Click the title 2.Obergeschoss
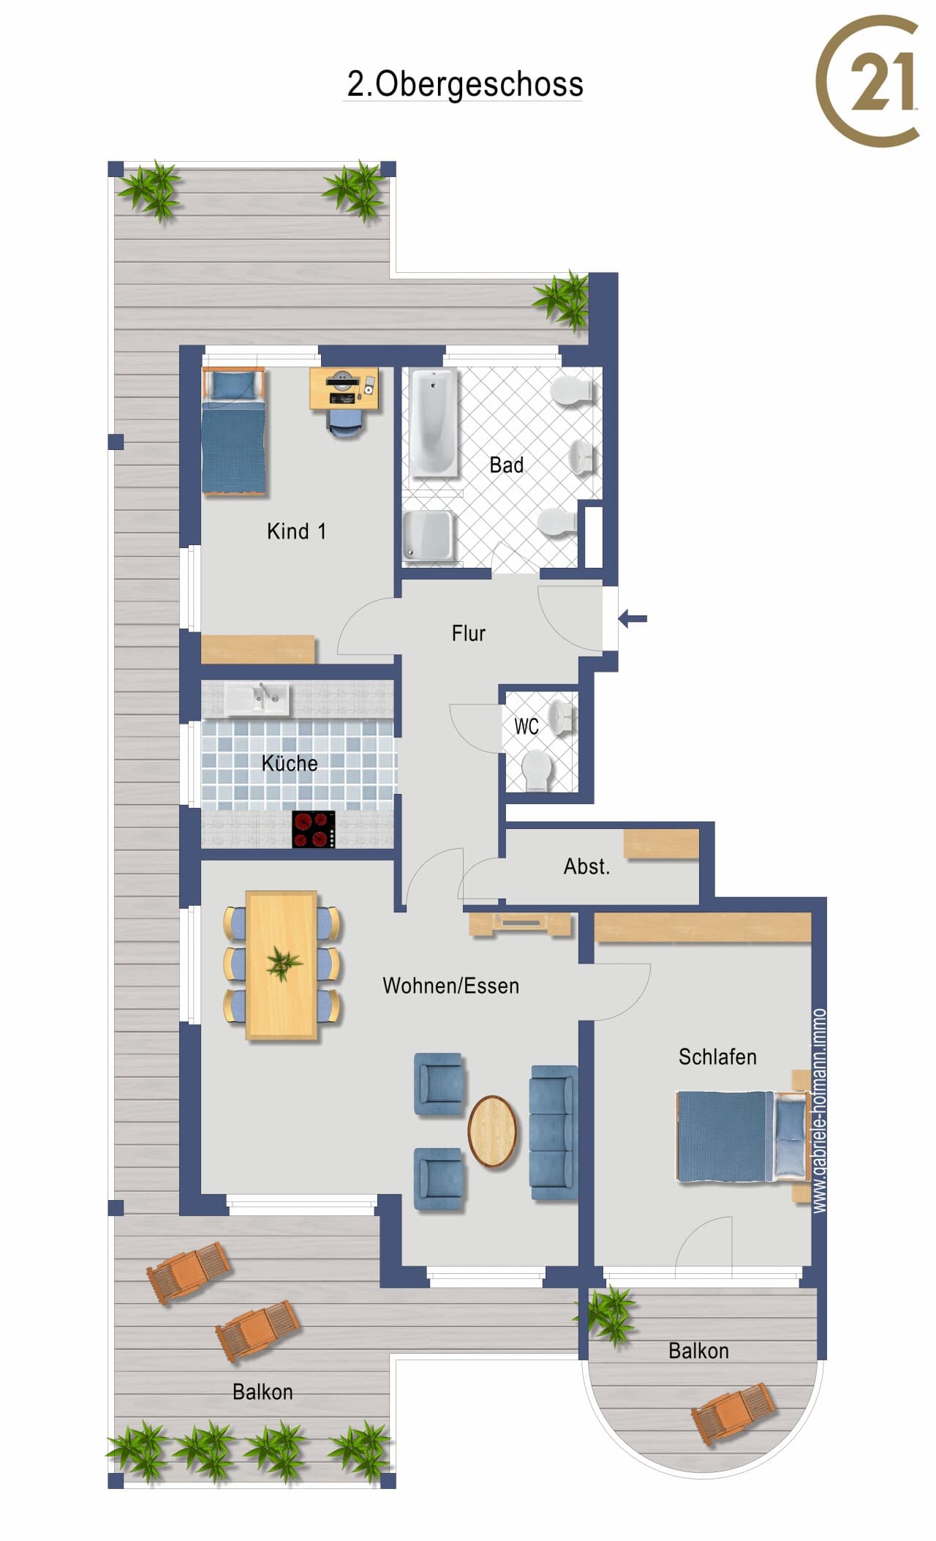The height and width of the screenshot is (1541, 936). point(465,84)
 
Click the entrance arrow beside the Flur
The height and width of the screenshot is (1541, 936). point(633,619)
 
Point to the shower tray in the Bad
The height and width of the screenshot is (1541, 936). point(428,535)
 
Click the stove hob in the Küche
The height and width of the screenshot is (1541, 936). point(314,829)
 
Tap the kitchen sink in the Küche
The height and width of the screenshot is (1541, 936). point(257,699)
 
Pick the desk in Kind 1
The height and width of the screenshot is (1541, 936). point(344,389)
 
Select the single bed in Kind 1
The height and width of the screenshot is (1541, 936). point(233,430)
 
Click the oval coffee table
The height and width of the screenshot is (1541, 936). point(492,1131)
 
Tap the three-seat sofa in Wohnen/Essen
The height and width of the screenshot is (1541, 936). point(554,1133)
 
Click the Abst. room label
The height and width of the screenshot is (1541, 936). point(586,866)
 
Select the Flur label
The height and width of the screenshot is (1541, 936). point(468,633)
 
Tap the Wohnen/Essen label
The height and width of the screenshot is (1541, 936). point(450,986)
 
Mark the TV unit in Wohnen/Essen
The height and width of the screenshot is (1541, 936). point(519,923)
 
